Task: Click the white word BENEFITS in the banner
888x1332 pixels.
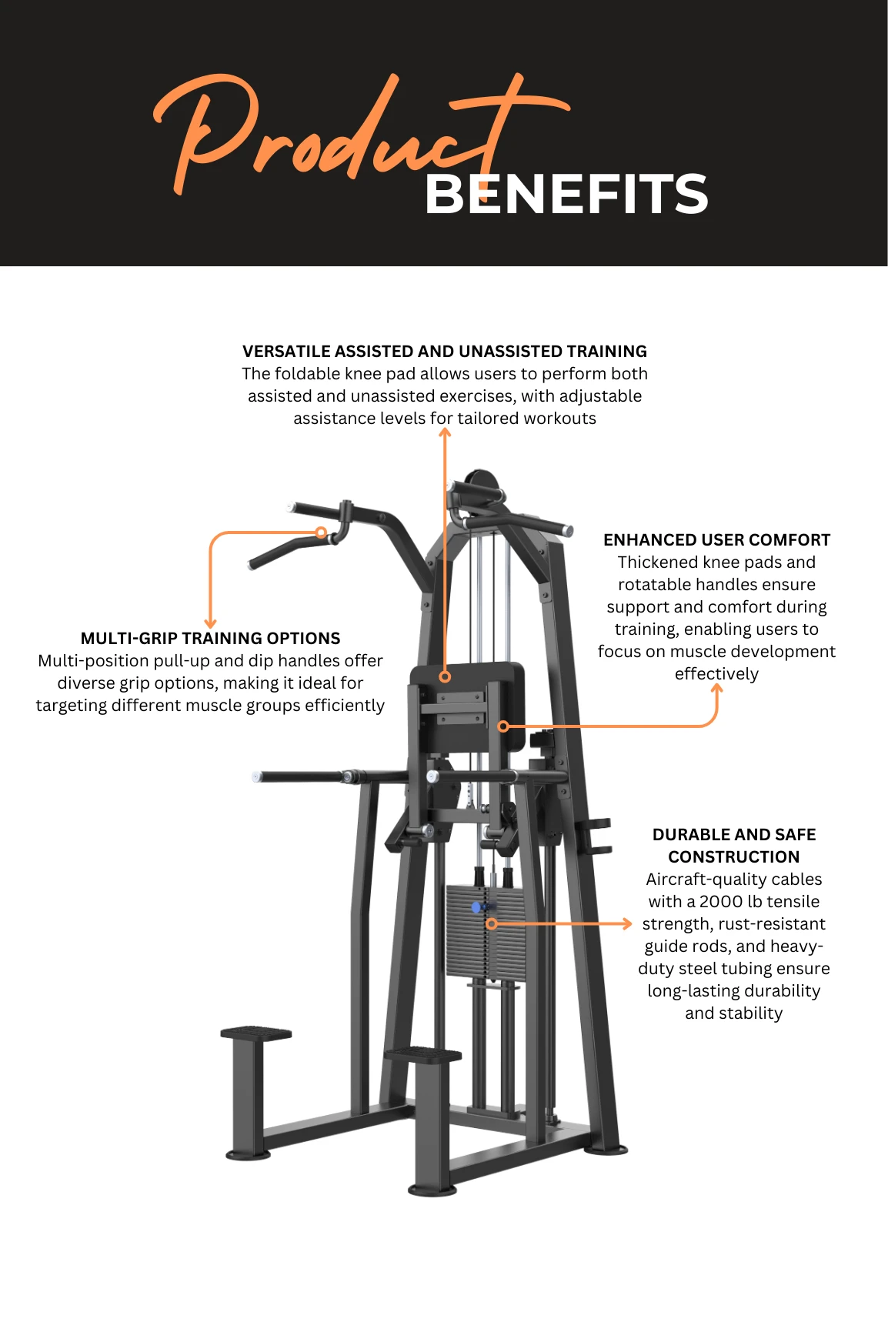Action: tap(566, 194)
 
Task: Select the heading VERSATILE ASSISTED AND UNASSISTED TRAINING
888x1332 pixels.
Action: tap(444, 352)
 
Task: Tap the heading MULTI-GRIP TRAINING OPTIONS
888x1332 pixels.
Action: tap(210, 639)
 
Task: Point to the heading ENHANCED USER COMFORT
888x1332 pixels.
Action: tap(716, 540)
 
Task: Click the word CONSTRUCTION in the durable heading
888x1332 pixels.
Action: tap(733, 857)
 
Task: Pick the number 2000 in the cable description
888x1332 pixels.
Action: tap(720, 902)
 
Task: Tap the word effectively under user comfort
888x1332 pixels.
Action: tap(716, 674)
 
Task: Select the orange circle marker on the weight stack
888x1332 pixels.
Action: tap(492, 923)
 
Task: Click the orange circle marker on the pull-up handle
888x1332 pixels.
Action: tap(321, 532)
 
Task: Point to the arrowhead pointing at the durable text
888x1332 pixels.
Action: tap(627, 923)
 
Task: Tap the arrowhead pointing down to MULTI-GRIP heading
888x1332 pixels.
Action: tap(210, 623)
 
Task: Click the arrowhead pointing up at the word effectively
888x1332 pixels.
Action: tap(716, 689)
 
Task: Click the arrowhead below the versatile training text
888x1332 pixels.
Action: tap(444, 432)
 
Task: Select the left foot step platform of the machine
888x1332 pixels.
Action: tap(255, 1033)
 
